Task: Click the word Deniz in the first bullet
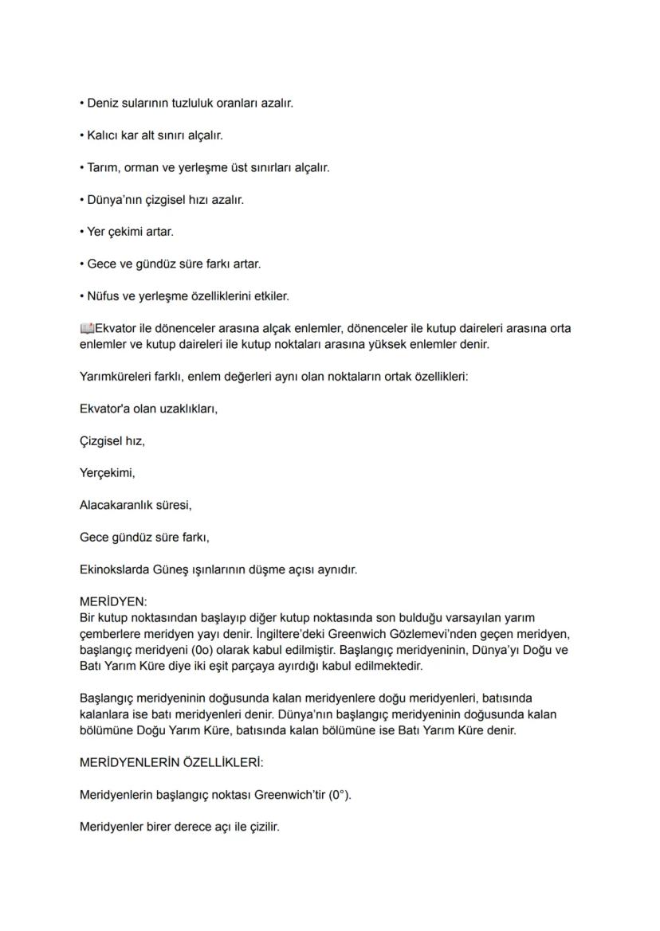[104, 103]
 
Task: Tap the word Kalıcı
[103, 135]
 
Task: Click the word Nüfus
[104, 296]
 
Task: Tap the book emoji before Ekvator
[87, 328]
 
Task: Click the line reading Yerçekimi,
[108, 473]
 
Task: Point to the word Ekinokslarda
[114, 569]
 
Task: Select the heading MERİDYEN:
[113, 602]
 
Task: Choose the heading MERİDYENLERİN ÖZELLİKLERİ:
[171, 762]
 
